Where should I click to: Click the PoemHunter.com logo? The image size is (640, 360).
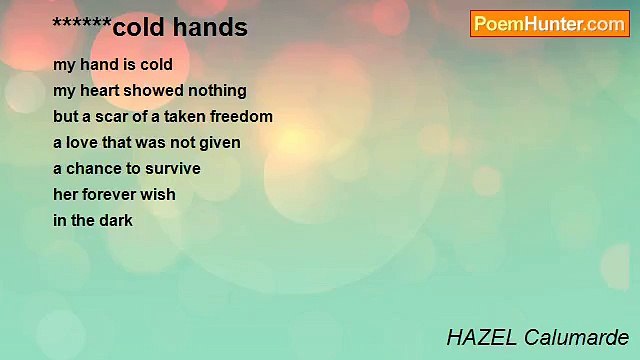[549, 24]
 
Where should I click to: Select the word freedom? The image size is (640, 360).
[244, 116]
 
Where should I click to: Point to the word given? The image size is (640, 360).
[219, 142]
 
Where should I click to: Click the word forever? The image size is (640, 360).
[113, 194]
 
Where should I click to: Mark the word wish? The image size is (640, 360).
[160, 194]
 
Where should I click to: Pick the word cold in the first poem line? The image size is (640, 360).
[156, 64]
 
